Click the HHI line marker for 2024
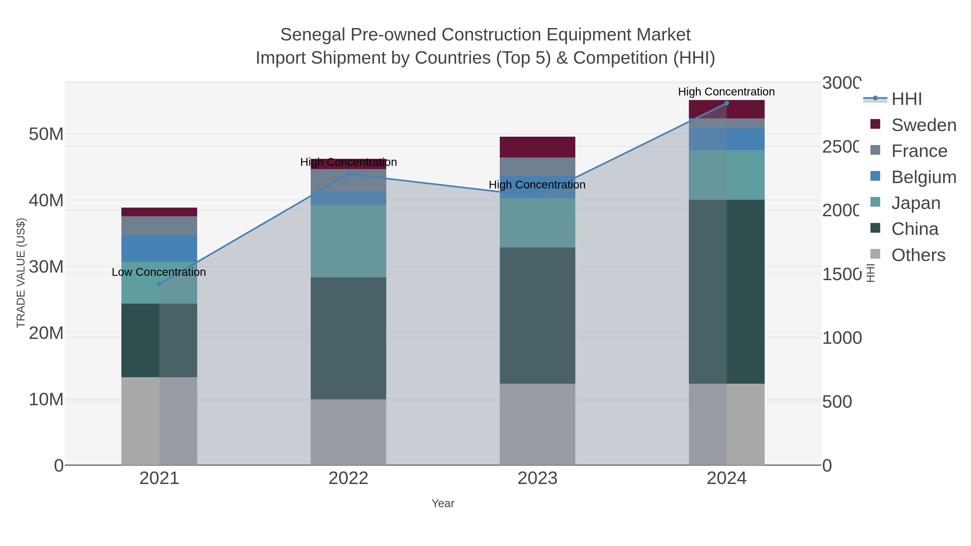pos(726,103)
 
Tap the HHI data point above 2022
pos(348,174)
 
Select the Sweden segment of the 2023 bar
pos(537,147)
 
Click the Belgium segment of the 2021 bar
pos(159,248)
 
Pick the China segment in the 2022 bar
pos(348,338)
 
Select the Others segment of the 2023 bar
pos(537,424)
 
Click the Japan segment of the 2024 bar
pos(726,175)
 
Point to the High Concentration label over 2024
pos(726,92)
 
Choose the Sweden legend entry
pos(924,125)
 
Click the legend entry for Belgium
pos(924,177)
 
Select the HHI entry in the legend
pos(906,99)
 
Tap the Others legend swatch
pos(875,254)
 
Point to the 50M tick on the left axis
pos(46,134)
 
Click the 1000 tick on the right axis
pos(841,338)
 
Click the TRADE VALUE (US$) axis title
pos(21,273)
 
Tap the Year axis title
pos(443,503)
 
